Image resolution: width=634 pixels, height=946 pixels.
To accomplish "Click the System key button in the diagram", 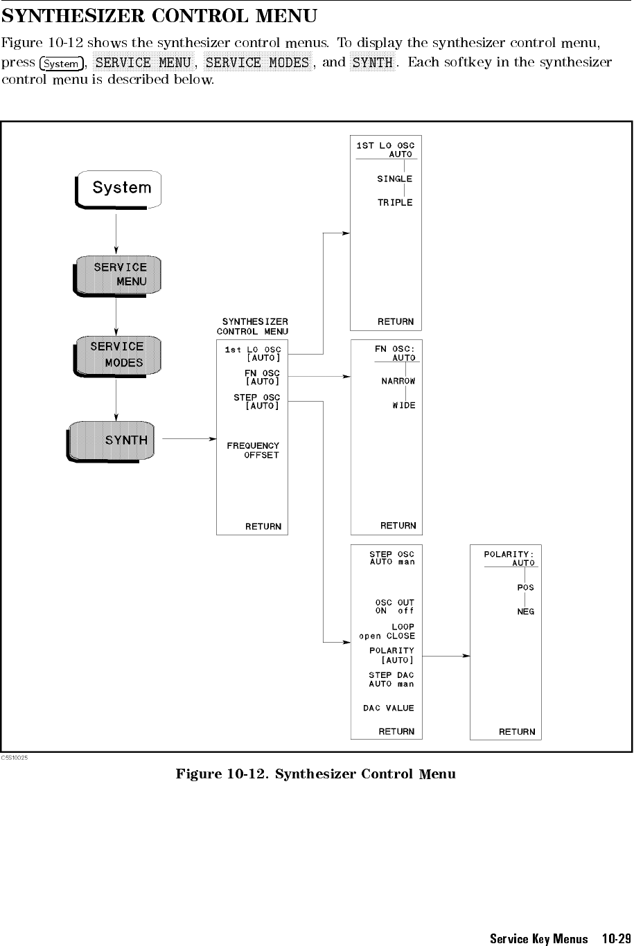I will (x=120, y=188).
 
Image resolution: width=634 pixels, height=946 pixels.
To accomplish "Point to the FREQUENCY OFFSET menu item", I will (x=253, y=450).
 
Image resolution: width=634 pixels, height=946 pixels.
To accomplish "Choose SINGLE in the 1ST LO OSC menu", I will (x=394, y=179).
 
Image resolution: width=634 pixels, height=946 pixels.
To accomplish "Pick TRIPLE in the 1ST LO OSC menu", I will (x=394, y=203).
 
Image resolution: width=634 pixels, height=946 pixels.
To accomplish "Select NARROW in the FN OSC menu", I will (x=398, y=382).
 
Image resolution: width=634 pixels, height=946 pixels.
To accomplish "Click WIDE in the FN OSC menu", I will (x=403, y=405).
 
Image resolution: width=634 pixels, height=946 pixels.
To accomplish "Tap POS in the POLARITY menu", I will (x=525, y=587).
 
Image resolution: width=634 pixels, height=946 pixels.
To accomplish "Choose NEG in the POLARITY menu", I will (x=525, y=612).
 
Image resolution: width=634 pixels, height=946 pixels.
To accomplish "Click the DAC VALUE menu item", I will (x=388, y=708).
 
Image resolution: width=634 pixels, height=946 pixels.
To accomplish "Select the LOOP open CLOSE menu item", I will (x=388, y=631).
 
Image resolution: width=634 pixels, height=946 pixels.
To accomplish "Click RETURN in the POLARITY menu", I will (x=517, y=731).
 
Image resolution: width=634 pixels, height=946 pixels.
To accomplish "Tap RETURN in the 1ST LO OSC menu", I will (x=395, y=321).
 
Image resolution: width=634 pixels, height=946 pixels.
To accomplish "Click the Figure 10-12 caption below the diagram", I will (x=315, y=774).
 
